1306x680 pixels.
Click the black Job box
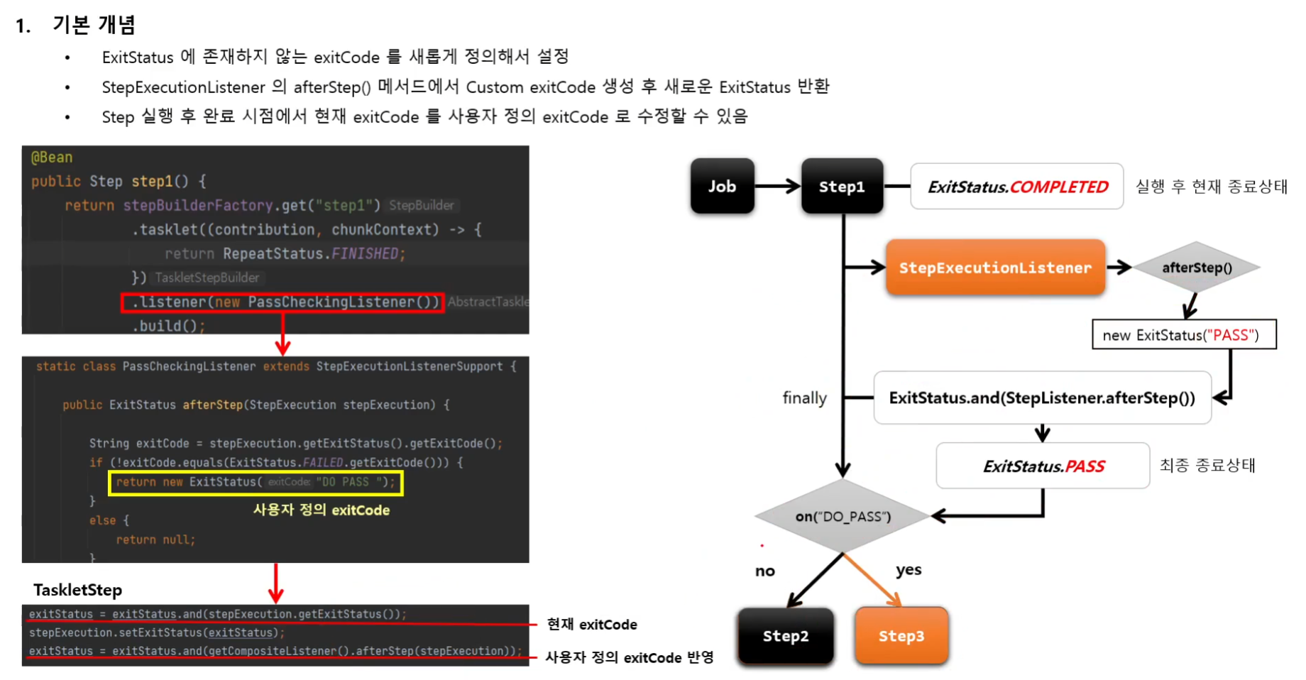click(x=722, y=186)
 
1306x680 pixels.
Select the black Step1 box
click(x=842, y=186)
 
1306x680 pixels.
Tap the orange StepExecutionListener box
click(x=995, y=268)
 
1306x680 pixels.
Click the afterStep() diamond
click(x=1197, y=268)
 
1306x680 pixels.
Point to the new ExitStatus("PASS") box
click(x=1183, y=335)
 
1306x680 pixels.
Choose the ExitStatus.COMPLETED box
click(x=1016, y=187)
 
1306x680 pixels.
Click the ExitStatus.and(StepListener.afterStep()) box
click(x=1042, y=397)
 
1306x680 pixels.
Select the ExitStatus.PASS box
click(x=1043, y=466)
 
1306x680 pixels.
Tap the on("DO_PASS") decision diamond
click(x=843, y=516)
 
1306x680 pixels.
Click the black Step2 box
click(x=786, y=636)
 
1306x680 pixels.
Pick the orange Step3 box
click(x=901, y=636)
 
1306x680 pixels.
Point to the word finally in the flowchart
click(x=804, y=397)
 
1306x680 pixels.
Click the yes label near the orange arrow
click(x=909, y=570)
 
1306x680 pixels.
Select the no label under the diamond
click(x=765, y=571)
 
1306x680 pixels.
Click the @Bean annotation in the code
click(x=52, y=158)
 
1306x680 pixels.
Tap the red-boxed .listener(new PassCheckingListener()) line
click(x=282, y=302)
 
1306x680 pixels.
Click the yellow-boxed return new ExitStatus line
click(x=256, y=483)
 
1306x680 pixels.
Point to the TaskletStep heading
click(x=77, y=590)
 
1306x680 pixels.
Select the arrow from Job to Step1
click(x=777, y=187)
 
